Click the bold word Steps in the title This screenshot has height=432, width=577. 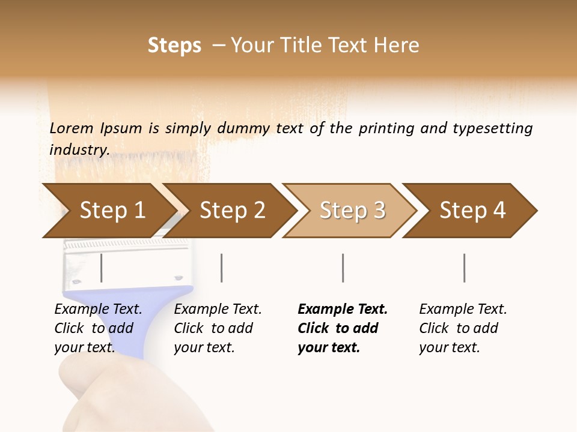click(x=174, y=46)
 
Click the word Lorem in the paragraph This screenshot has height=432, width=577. click(x=71, y=128)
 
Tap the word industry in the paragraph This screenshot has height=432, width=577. click(x=79, y=149)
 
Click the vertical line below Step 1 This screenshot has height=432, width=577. click(x=101, y=268)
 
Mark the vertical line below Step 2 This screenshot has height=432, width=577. click(x=222, y=268)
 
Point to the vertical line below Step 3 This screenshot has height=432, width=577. click(x=343, y=268)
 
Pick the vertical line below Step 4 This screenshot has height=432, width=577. click(x=464, y=268)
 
